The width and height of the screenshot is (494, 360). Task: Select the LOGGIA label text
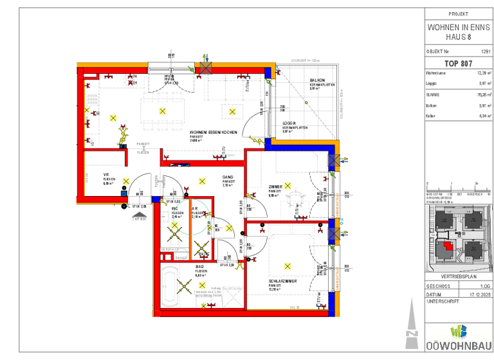[289, 123]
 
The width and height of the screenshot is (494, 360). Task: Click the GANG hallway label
[227, 177]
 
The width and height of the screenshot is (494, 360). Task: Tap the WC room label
[174, 209]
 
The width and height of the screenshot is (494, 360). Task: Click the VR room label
[106, 175]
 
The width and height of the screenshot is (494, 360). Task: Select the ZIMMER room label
[275, 187]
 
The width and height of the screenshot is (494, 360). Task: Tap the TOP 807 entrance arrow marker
[140, 215]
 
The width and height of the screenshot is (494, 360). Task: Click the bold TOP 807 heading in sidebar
[458, 64]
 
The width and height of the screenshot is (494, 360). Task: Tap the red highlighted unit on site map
[448, 245]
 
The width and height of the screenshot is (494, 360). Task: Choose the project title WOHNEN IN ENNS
[457, 28]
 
